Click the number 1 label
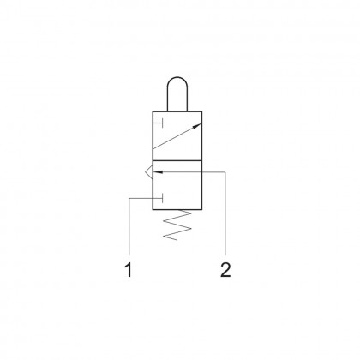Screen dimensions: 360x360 tap(129, 271)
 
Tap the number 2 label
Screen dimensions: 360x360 tap(225, 271)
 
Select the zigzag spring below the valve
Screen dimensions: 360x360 tap(179, 228)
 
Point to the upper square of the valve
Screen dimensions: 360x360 tap(180, 137)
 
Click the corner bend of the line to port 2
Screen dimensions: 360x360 tap(225, 171)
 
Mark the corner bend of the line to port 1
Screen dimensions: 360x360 tap(129, 199)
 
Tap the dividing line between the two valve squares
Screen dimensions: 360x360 tap(180, 163)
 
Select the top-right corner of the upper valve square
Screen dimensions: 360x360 tap(206, 111)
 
